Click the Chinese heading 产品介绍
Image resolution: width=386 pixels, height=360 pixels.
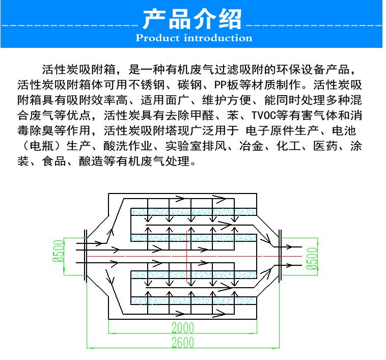point(192,19)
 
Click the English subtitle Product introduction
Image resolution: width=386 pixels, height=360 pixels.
point(194,38)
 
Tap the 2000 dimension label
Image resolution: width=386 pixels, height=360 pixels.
point(183,327)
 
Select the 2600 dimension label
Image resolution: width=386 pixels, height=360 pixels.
point(183,342)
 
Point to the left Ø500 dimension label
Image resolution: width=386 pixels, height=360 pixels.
point(59,251)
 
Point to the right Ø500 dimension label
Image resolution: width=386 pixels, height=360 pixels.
point(312,258)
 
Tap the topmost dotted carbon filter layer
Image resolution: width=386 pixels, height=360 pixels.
point(194,212)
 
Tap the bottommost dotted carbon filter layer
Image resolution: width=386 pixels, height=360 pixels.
point(194,301)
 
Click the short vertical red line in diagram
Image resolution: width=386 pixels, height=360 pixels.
point(187,256)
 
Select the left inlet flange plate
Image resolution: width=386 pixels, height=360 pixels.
point(86,256)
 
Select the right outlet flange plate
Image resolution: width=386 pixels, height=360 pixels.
point(280,256)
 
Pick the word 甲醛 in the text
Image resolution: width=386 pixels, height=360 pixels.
point(203,115)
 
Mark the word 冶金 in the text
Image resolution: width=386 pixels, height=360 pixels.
point(252,146)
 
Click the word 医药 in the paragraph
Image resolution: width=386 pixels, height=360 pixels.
point(325,146)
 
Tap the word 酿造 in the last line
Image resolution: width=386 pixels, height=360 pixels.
point(91,161)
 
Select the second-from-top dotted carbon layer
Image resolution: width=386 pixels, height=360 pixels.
point(194,238)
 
